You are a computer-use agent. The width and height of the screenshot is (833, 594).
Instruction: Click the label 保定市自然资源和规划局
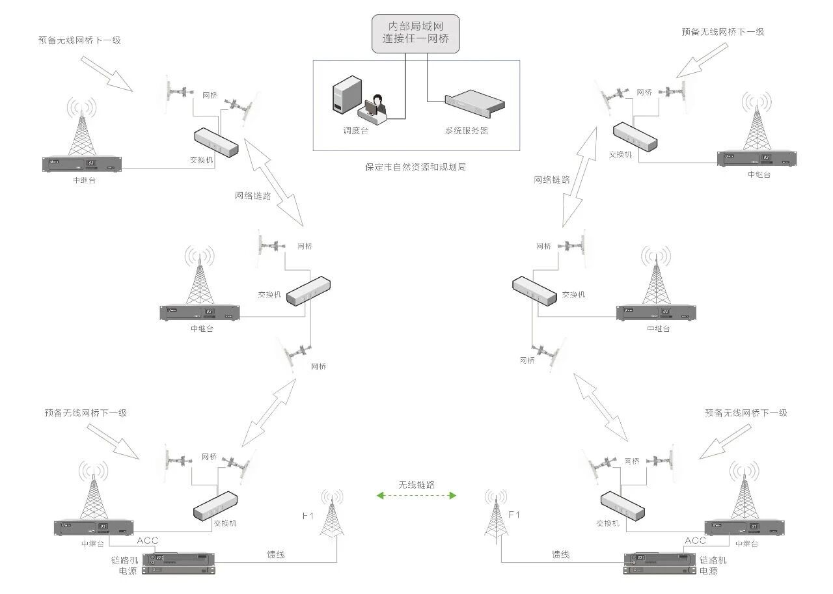[415, 167]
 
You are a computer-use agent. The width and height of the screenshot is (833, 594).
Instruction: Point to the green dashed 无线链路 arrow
[416, 496]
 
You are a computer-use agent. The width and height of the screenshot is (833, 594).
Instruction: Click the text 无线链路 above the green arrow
[416, 485]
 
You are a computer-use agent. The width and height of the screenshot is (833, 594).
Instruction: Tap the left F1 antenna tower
[333, 515]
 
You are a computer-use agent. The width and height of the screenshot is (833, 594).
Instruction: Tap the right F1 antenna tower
[495, 515]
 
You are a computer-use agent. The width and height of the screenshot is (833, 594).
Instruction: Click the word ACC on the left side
[147, 541]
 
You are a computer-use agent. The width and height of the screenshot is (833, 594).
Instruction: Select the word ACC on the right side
[695, 541]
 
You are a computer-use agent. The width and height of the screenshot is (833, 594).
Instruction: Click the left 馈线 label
[276, 555]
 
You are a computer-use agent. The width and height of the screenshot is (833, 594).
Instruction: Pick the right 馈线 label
[560, 555]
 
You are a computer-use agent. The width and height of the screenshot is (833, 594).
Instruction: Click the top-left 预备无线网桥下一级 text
[79, 40]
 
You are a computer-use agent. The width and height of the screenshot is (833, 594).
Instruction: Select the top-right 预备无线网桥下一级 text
[722, 31]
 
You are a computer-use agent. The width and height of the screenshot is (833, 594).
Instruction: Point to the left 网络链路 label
[253, 195]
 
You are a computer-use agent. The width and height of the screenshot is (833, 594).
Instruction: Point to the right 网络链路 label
[552, 180]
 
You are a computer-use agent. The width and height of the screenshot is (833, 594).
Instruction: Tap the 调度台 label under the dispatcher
[355, 130]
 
